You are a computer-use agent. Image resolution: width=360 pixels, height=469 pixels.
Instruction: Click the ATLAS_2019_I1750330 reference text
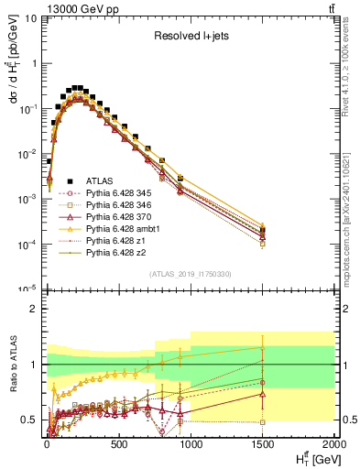(x=190, y=273)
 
